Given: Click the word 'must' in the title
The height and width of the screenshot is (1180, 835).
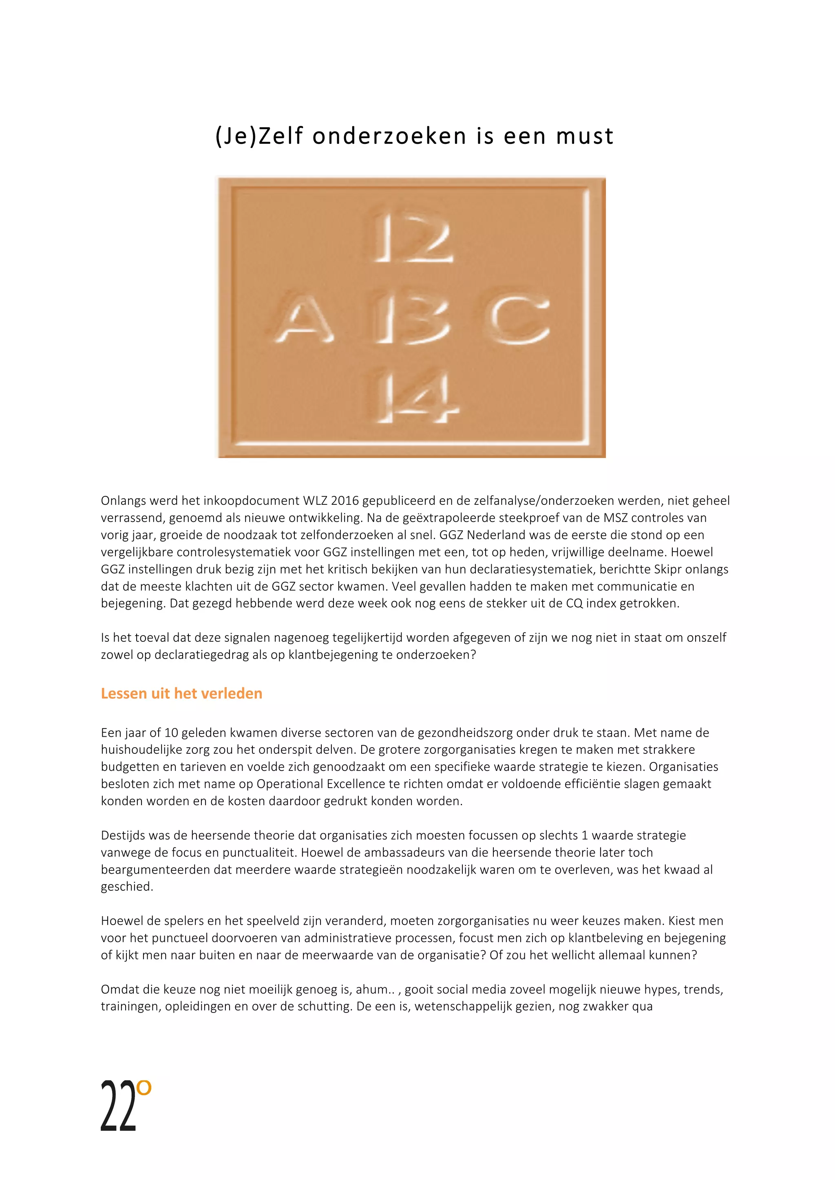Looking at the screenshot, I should [x=585, y=136].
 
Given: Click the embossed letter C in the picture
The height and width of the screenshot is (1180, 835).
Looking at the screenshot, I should [x=518, y=320].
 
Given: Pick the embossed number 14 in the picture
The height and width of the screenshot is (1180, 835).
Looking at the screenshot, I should [x=414, y=398].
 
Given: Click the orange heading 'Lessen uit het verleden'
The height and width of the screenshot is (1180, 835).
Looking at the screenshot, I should [x=181, y=693].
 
